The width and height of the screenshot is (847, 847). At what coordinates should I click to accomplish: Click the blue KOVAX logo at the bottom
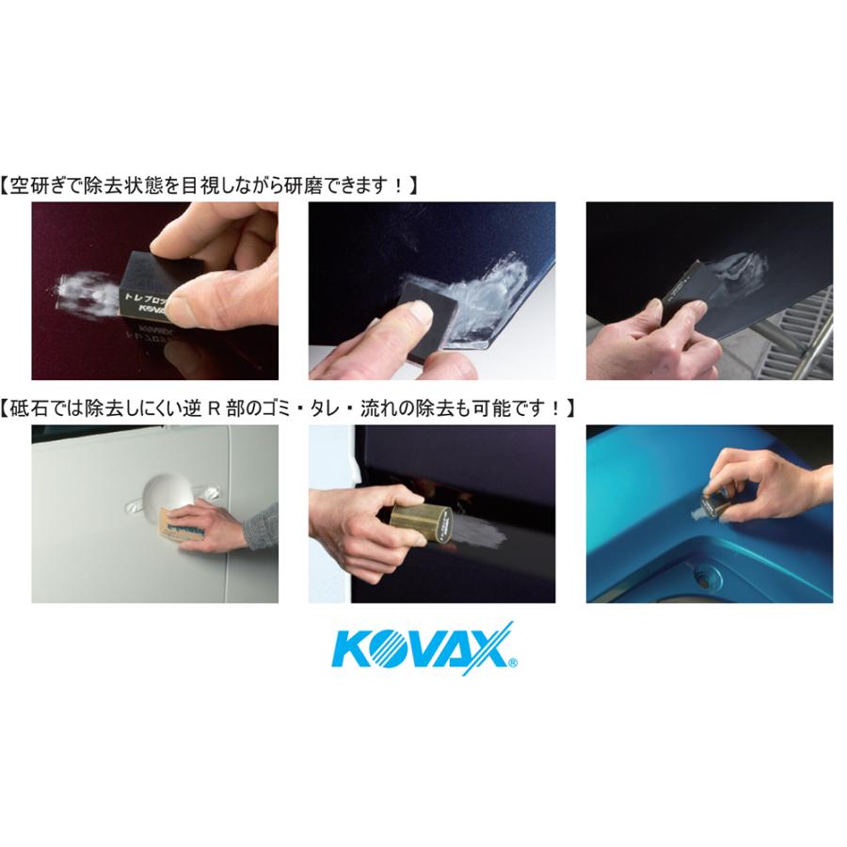tap(422, 647)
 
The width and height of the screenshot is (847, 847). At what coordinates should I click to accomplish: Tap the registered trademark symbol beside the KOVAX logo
tap(511, 663)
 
